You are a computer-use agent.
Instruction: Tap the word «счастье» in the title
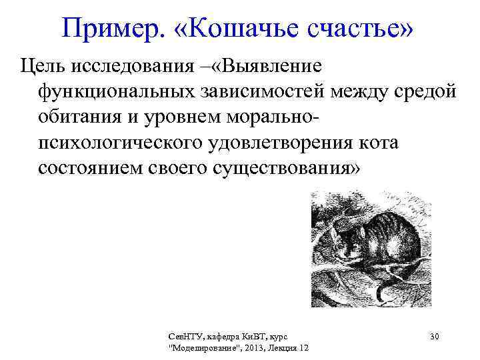[x=358, y=28]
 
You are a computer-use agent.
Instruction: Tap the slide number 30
[x=434, y=337]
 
